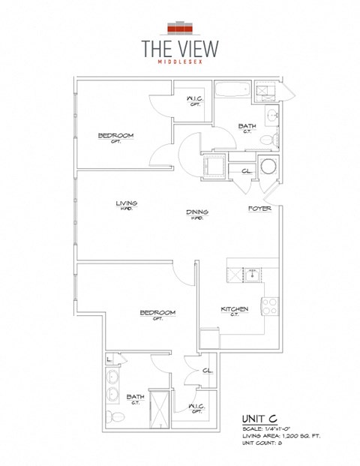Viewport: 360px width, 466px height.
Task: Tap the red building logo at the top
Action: coord(180,29)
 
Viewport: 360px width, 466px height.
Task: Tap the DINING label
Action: coord(197,212)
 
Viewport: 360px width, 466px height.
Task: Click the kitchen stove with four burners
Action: coord(269,305)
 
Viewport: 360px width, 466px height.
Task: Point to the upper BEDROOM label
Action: coord(115,136)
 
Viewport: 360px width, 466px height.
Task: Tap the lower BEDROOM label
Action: coord(157,312)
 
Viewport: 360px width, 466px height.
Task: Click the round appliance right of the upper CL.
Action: coord(268,168)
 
